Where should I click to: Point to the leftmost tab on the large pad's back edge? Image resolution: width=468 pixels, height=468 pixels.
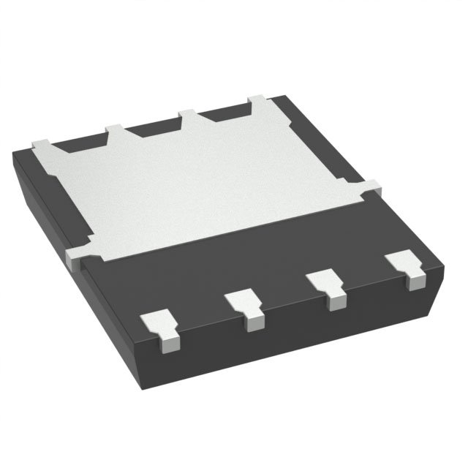pyautogui.click(x=42, y=143)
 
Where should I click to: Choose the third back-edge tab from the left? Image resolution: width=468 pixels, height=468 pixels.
pyautogui.click(x=189, y=116)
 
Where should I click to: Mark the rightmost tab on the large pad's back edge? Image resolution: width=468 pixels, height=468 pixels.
pyautogui.click(x=260, y=102)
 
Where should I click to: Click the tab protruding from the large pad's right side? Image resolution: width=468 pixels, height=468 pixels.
pyautogui.click(x=371, y=187)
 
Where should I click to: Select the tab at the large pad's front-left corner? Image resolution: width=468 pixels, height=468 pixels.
pyautogui.click(x=78, y=254)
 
